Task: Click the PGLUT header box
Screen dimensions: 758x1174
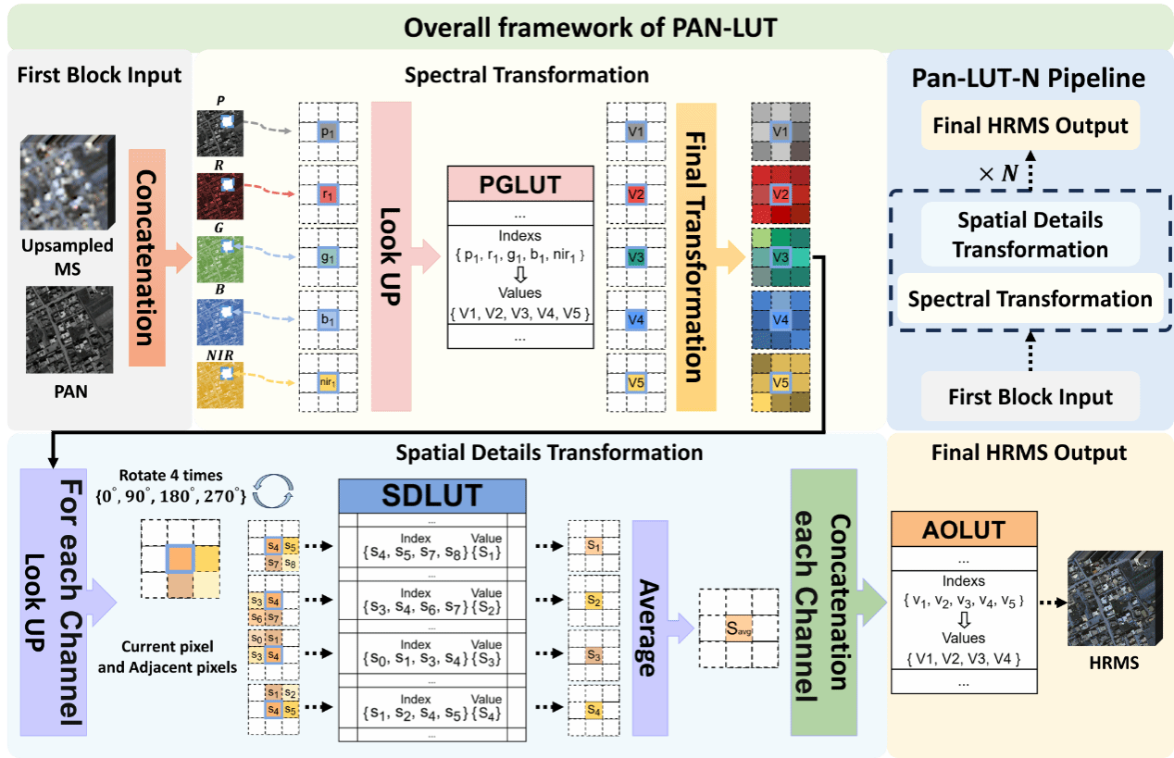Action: [519, 184]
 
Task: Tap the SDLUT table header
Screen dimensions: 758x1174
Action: [432, 495]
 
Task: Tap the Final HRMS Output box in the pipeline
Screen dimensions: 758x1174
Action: [1030, 126]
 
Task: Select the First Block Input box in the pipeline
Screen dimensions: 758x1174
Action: [1030, 397]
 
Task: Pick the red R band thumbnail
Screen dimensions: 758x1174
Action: [220, 196]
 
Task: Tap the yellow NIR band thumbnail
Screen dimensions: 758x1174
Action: [220, 381]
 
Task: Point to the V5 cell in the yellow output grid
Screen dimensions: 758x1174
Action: [781, 382]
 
